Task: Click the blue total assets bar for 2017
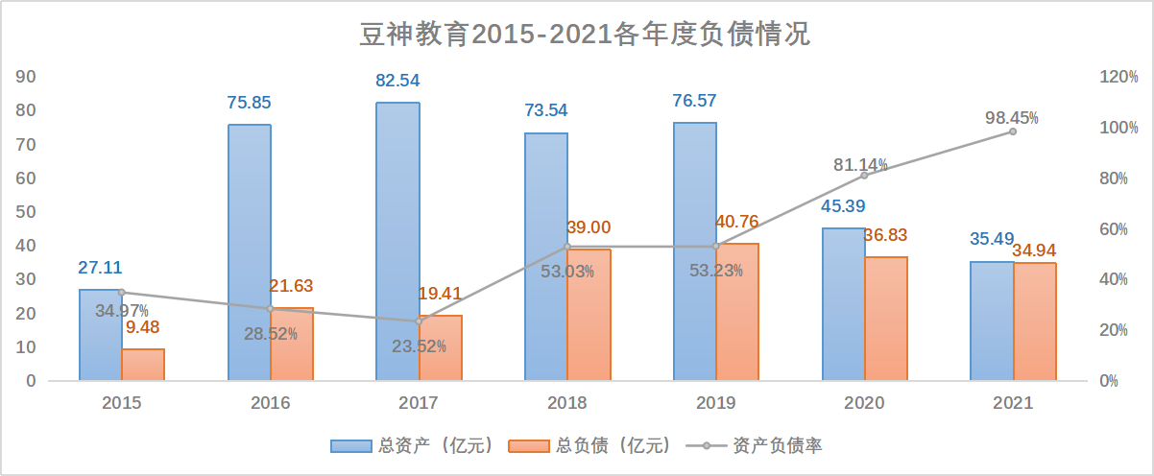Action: (397, 240)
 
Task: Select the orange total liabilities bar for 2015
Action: (143, 365)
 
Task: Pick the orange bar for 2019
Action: (737, 312)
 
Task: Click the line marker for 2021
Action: (1012, 131)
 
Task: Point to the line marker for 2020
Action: (864, 175)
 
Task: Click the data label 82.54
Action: (397, 81)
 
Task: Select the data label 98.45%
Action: (1012, 118)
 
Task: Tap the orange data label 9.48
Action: (143, 328)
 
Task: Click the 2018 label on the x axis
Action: (566, 403)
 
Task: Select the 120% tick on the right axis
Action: (1118, 77)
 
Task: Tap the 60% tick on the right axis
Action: (1118, 228)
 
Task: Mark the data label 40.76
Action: (737, 222)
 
